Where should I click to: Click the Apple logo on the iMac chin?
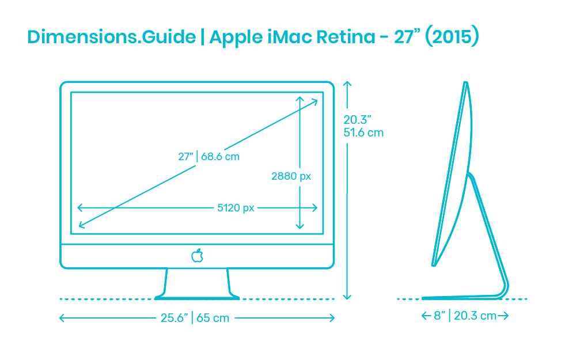197,256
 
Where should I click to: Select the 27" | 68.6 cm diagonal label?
209,157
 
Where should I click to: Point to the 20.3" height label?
357,120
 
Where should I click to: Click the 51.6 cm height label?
363,132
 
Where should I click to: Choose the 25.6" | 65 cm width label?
195,318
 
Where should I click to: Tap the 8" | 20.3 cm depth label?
465,316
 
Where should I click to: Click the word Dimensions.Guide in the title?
112,37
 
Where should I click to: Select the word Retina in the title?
346,37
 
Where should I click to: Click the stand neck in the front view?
197,283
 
